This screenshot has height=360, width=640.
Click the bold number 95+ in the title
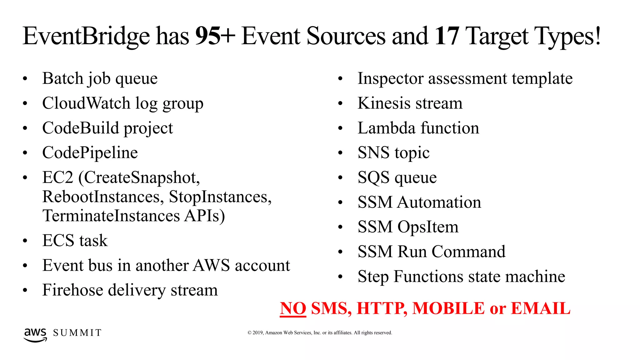point(215,36)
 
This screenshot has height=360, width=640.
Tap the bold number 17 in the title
point(447,36)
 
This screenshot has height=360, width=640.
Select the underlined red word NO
point(293,308)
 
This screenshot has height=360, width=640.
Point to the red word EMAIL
point(540,308)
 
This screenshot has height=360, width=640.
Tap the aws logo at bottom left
point(35,334)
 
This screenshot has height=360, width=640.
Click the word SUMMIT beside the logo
point(77,333)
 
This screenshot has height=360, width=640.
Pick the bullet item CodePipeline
point(90,153)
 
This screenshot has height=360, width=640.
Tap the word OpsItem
point(428,227)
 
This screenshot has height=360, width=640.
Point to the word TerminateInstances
point(111,216)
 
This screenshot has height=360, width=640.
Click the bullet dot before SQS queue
point(340,178)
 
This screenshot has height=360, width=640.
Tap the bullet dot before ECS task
point(25,241)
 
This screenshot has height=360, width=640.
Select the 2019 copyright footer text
point(320,333)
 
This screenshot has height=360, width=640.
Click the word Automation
point(439,202)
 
